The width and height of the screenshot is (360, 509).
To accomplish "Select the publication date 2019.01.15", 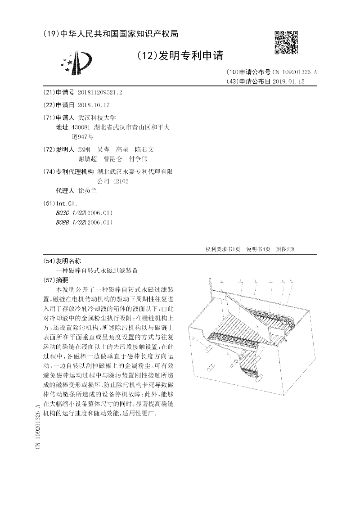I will [288, 81].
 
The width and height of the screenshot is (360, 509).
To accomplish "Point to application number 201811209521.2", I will [100, 92].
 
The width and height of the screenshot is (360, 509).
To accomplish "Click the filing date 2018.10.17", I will [94, 105].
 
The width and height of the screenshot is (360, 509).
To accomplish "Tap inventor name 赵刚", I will [84, 149].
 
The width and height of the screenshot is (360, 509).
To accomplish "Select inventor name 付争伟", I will [138, 159].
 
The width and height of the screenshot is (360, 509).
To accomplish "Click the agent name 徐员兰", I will [87, 190].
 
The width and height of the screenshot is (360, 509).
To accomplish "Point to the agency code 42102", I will [121, 181].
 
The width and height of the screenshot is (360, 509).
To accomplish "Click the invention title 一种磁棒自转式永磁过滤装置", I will [96, 270].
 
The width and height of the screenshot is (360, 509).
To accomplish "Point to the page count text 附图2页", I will [285, 249].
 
